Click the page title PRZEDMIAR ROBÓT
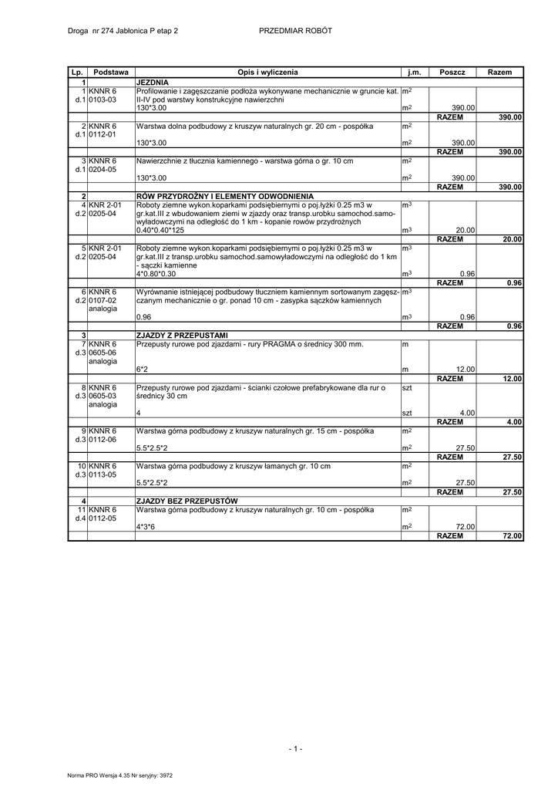[x=296, y=30]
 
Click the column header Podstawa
[x=110, y=72]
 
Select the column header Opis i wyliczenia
[x=267, y=72]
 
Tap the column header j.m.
[x=415, y=72]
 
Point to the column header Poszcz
[x=452, y=72]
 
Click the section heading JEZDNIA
[x=153, y=81]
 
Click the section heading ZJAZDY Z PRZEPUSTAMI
[x=182, y=335]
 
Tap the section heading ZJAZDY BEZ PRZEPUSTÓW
[x=187, y=501]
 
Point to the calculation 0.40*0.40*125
[x=161, y=230]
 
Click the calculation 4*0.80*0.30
[x=156, y=273]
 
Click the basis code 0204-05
[x=102, y=169]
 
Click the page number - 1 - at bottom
[x=296, y=748]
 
